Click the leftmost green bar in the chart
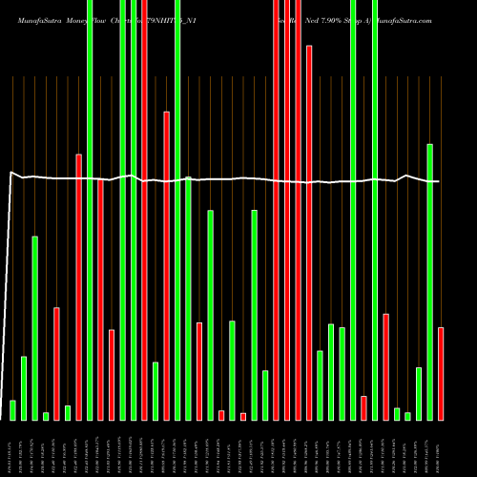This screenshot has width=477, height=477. click(12, 409)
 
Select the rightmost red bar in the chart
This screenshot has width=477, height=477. click(441, 373)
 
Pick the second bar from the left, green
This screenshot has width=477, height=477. click(24, 387)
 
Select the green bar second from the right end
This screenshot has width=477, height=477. click(429, 281)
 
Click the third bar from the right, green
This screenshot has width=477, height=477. click(419, 393)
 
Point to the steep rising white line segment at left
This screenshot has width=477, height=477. click(5, 296)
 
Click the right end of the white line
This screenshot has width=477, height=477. click(438, 181)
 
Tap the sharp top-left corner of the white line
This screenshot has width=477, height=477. click(10, 173)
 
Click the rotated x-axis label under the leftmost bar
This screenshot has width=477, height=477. click(10, 447)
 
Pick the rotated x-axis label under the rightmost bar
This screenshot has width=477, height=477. click(440, 447)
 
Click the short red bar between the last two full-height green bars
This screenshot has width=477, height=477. click(363, 407)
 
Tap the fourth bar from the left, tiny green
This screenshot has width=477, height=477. click(46, 415)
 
